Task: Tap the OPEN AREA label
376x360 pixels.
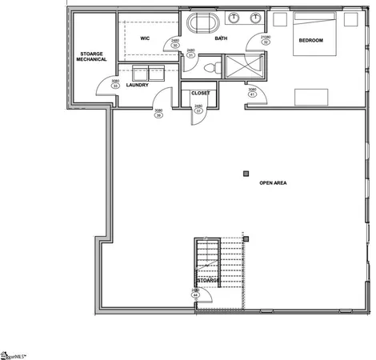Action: pos(273,183)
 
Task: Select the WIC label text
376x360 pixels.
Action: pos(146,38)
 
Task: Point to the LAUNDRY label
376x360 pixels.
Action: pos(138,86)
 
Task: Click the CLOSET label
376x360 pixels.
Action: pos(200,93)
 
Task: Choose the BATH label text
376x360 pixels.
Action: pos(221,38)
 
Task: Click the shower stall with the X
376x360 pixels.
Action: pos(242,66)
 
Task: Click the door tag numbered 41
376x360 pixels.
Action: pos(252,92)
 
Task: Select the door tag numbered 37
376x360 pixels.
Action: pos(198,109)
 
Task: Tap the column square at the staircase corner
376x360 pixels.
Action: pos(247,238)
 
